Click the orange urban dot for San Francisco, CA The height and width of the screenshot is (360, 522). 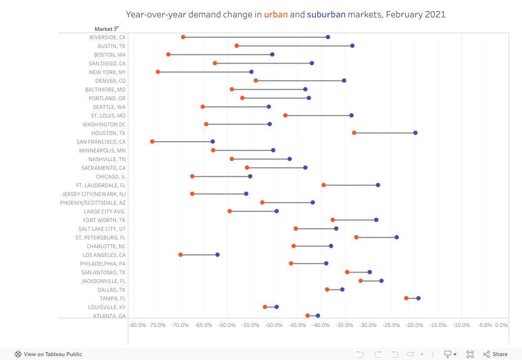coord(152,141)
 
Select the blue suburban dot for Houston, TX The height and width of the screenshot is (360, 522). coord(415,133)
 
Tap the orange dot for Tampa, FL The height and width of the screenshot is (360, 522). coord(406,298)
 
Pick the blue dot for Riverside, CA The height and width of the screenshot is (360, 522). coord(328,37)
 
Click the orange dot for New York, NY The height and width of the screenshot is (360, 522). coord(158,72)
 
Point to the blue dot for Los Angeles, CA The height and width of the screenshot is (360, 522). coord(217,255)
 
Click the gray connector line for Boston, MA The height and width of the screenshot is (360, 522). coord(220,54)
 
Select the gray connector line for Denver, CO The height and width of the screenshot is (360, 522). coord(300,81)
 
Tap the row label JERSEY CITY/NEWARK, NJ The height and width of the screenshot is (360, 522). coord(94,194)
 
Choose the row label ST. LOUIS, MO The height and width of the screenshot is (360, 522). coord(108,116)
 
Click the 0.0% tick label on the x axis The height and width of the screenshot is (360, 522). coord(501,325)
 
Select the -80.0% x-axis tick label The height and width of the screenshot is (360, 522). coord(138,325)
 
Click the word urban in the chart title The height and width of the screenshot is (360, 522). coord(276,14)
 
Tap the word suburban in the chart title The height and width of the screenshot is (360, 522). coord(326,14)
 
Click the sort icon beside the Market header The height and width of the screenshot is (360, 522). coord(117,29)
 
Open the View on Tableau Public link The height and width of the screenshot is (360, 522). coord(49,354)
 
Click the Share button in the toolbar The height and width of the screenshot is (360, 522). coord(495,354)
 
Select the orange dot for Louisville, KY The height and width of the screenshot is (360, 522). coord(265,307)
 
